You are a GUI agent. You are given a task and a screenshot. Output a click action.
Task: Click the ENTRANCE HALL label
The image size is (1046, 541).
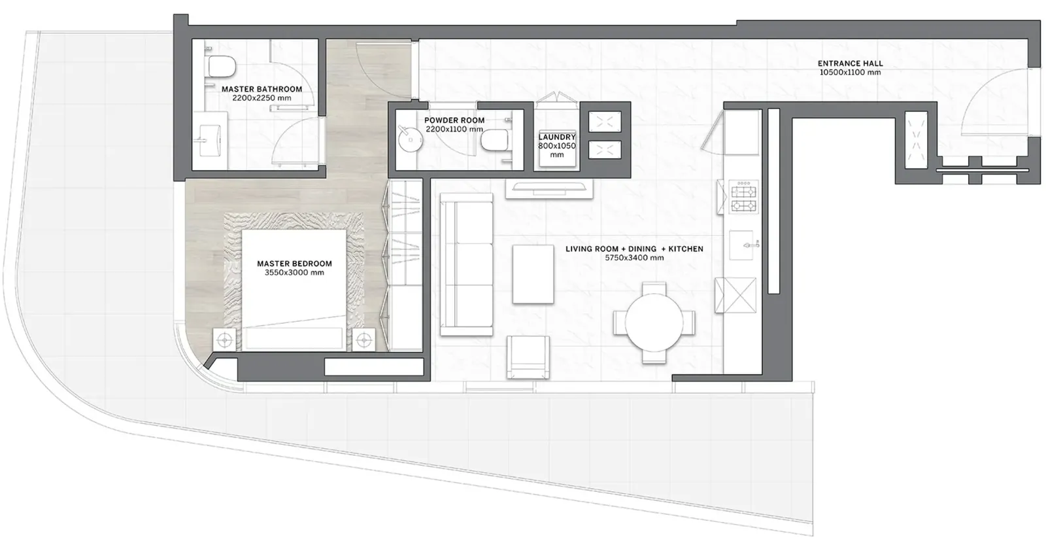coord(851,63)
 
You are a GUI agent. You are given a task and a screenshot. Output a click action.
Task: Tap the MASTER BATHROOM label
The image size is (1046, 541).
coord(262,89)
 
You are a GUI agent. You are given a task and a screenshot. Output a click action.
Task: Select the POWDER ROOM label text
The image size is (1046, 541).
coord(454,120)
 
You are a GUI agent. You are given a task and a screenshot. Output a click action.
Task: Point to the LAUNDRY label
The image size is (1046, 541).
coord(557,137)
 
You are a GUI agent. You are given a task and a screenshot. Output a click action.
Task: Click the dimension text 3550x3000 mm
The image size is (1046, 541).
coord(294,273)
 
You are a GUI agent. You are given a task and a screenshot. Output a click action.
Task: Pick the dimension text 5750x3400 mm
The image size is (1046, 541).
coord(634,258)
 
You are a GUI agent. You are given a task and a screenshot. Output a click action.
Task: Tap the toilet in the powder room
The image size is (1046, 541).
coord(495,140)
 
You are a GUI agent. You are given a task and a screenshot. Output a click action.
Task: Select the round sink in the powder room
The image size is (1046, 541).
coord(411,139)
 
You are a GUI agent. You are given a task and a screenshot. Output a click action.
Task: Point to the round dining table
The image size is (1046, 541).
coord(654,323)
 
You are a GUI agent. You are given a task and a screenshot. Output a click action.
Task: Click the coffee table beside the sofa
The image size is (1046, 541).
coord(533,275)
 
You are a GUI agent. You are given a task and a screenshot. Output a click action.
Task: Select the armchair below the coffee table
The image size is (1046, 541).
coord(528,357)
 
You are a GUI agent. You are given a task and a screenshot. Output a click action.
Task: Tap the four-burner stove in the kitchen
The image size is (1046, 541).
coord(744,197)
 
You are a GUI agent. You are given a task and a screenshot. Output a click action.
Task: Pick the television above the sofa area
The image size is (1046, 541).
coord(549,188)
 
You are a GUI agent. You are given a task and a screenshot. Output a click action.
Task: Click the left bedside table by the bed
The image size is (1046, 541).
coord(225,340)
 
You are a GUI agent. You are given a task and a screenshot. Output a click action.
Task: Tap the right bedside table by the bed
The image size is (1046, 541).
coord(363,340)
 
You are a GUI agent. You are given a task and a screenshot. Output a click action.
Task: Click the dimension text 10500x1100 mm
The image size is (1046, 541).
coord(851,73)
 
